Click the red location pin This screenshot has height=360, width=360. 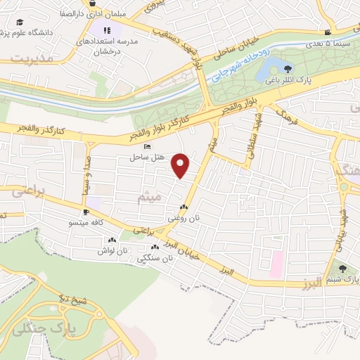[181, 165]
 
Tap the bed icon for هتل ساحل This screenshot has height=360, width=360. [146, 146]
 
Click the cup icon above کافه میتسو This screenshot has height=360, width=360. [86, 212]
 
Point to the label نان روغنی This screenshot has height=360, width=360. [183, 219]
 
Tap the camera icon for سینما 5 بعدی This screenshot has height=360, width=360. [328, 32]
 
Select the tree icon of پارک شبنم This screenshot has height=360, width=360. [342, 268]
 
